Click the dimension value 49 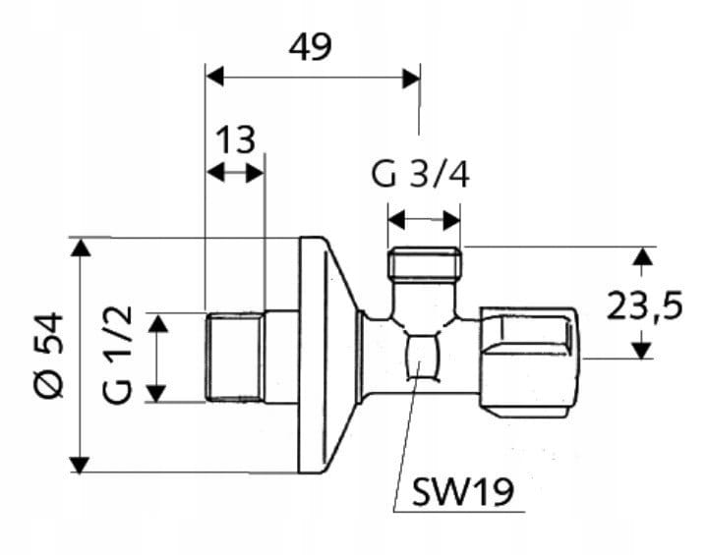tap(310, 47)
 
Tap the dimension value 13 tap(236, 139)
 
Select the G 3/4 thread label tap(421, 175)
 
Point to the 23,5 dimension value tap(645, 305)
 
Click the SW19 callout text tap(463, 492)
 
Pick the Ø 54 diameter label tap(48, 356)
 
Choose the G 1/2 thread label tap(118, 355)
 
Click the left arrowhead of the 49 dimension tap(214, 78)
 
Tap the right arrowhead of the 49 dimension tap(412, 79)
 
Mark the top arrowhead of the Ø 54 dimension tap(81, 248)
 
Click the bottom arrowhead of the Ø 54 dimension tap(81, 465)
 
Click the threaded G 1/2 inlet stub tap(235, 358)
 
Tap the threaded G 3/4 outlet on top tap(425, 263)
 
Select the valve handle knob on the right tap(529, 363)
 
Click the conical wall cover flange tap(327, 356)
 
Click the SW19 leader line tap(407, 436)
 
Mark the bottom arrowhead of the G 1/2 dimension tap(156, 393)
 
